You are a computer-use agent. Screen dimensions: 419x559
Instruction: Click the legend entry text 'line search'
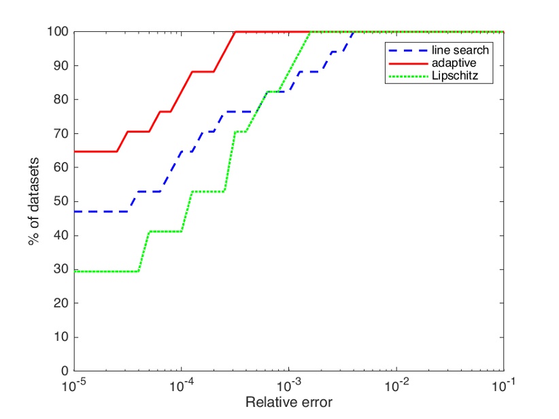(460, 50)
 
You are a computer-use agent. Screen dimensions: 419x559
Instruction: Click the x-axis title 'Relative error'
(289, 402)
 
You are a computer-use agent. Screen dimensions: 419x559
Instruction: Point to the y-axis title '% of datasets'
(35, 201)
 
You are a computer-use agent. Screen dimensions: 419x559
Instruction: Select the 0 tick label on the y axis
(63, 371)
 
